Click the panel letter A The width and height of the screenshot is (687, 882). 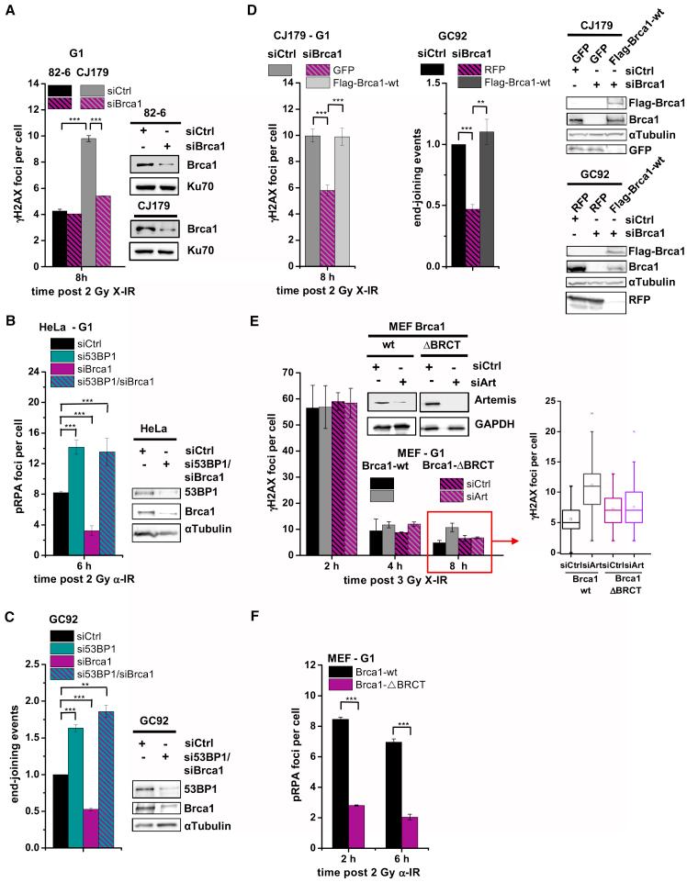7,8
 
